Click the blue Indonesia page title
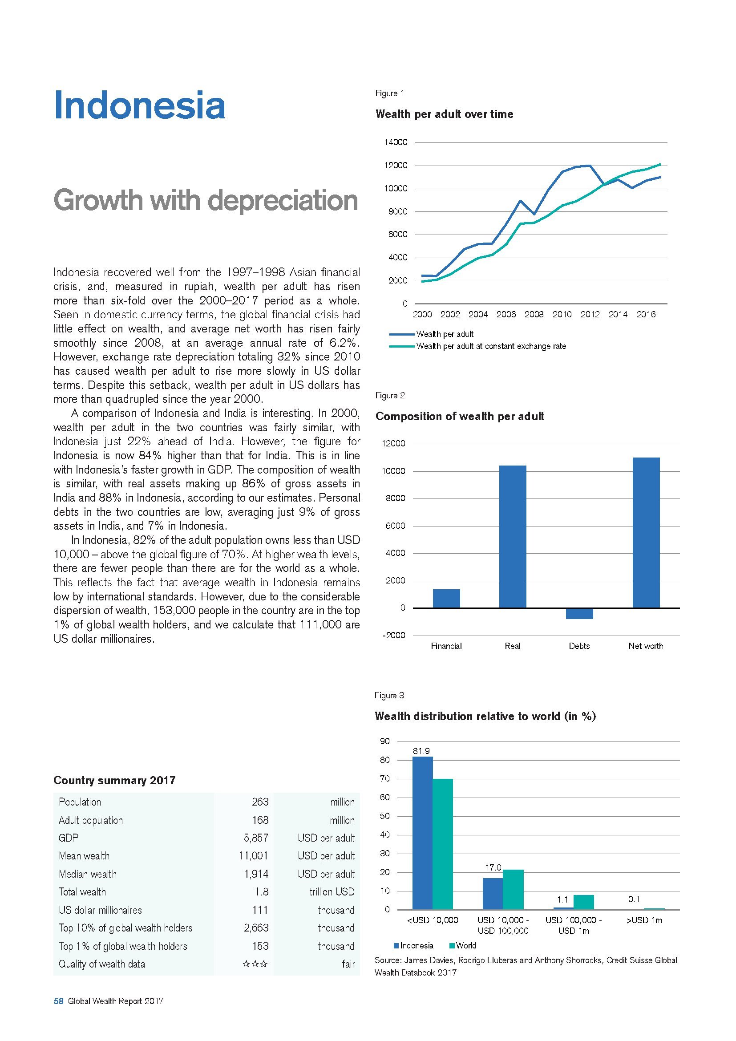pyautogui.click(x=139, y=105)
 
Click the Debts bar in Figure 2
pyautogui.click(x=579, y=613)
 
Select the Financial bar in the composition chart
pyautogui.click(x=446, y=598)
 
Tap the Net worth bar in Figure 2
pyautogui.click(x=646, y=532)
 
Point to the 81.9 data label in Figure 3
pyautogui.click(x=421, y=751)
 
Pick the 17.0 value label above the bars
pyautogui.click(x=493, y=867)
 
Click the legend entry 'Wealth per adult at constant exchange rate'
pyautogui.click(x=491, y=346)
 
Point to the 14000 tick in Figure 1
pyautogui.click(x=396, y=142)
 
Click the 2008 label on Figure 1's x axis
pyautogui.click(x=534, y=315)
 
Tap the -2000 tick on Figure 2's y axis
pyautogui.click(x=394, y=635)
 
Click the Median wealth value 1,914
pyautogui.click(x=256, y=874)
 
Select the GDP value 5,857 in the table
pyautogui.click(x=256, y=838)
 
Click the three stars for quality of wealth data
pyautogui.click(x=255, y=964)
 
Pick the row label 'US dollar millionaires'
pyautogui.click(x=100, y=910)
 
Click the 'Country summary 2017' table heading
pyautogui.click(x=114, y=780)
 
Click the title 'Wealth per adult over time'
pyautogui.click(x=444, y=114)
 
